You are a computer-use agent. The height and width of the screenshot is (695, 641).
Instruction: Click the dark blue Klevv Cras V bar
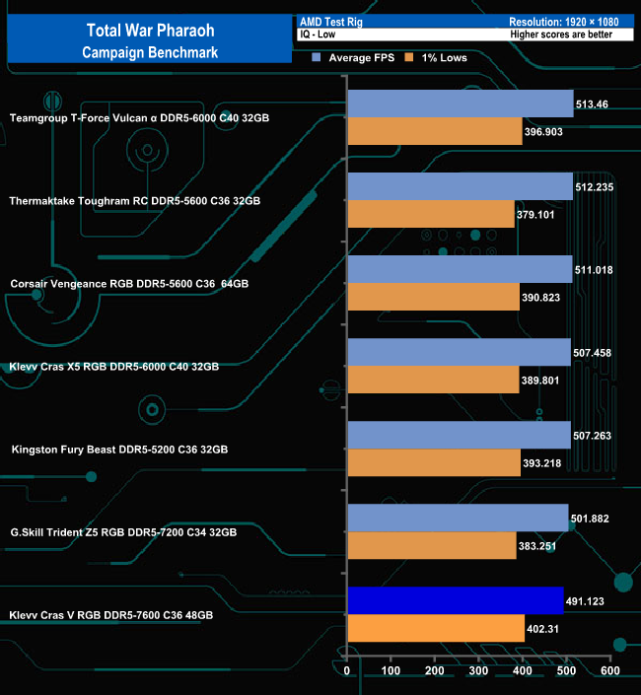click(455, 600)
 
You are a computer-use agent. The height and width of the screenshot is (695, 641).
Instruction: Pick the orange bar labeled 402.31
click(436, 628)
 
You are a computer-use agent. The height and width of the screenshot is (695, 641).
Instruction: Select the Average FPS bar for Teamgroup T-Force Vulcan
click(461, 104)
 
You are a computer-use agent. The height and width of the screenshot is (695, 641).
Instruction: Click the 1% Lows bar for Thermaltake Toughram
click(431, 214)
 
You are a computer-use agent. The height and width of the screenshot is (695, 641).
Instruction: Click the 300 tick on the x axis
click(479, 671)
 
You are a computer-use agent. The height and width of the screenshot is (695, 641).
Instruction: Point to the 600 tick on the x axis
click(609, 671)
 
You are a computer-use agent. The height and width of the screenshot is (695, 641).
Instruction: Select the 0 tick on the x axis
click(348, 671)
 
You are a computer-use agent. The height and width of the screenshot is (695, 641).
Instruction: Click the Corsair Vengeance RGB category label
click(129, 284)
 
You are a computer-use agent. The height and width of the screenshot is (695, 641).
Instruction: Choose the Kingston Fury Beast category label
click(119, 450)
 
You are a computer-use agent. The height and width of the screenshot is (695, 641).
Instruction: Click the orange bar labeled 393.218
click(434, 462)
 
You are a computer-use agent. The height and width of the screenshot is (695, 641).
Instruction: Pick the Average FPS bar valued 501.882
click(458, 518)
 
